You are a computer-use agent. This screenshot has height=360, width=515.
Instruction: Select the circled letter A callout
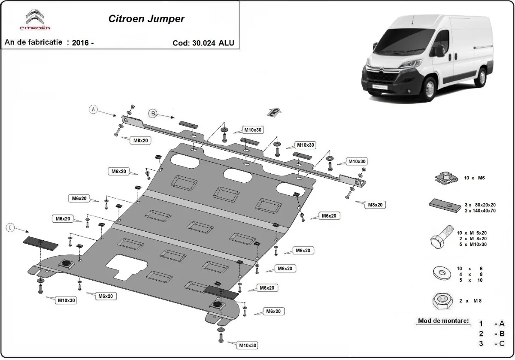pos(94,109)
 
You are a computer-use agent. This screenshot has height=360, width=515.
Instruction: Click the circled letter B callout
pos(153,113)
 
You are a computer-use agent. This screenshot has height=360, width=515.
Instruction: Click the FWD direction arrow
pos(274,112)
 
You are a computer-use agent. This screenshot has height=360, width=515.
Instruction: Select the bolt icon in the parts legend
pos(440,238)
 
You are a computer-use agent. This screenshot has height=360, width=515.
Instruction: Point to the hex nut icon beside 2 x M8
pos(441,302)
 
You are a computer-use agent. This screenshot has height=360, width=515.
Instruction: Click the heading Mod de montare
pos(443,321)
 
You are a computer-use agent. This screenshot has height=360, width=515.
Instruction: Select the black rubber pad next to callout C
pos(40,243)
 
